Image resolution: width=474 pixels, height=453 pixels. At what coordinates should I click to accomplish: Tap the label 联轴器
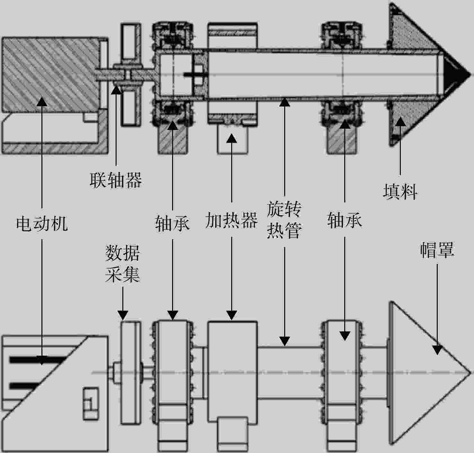[116, 180]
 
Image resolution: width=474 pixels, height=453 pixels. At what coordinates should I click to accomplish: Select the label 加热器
[232, 220]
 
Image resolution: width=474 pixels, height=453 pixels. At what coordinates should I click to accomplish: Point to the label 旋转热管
[284, 220]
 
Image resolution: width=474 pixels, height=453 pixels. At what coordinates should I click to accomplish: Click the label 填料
[400, 191]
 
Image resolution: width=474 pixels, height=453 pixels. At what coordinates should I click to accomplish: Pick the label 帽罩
[437, 250]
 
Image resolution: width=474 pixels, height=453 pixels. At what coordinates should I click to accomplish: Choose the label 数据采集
[122, 264]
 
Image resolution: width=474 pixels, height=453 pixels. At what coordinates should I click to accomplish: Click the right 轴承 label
[344, 220]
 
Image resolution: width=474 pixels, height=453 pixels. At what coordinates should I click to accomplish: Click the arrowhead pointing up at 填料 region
[400, 122]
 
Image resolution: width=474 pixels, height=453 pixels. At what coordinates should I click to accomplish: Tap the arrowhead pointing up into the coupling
[116, 90]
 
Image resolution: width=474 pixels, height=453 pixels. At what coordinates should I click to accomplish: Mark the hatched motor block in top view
[51, 74]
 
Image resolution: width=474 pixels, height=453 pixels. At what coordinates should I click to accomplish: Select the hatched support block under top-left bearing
[173, 140]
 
